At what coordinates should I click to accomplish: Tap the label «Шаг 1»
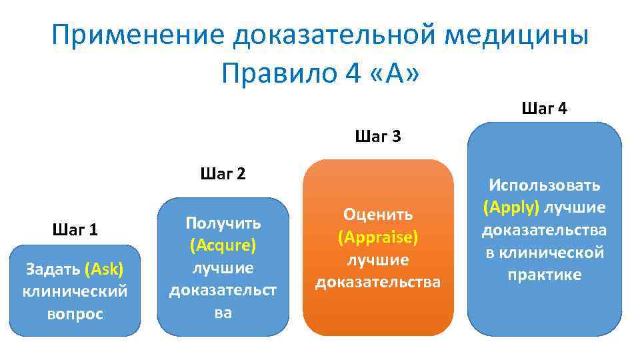tap(75, 230)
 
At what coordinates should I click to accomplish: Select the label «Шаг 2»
tap(223, 175)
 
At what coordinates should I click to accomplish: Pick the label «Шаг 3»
tap(378, 137)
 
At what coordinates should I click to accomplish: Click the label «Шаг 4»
tap(545, 109)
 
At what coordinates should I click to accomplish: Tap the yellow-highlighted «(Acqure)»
tap(223, 245)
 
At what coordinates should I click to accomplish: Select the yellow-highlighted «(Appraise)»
tap(378, 237)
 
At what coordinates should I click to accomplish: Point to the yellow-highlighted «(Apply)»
tap(511, 207)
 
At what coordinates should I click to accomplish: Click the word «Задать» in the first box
tap(53, 269)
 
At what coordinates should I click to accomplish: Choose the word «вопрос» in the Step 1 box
tap(75, 314)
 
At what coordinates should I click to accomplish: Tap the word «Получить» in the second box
tap(223, 223)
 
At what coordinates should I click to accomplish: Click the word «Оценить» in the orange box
tap(378, 215)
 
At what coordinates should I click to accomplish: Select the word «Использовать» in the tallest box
tap(545, 185)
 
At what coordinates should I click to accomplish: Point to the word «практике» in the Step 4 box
tap(545, 275)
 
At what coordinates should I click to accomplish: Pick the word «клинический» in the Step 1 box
tap(75, 291)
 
